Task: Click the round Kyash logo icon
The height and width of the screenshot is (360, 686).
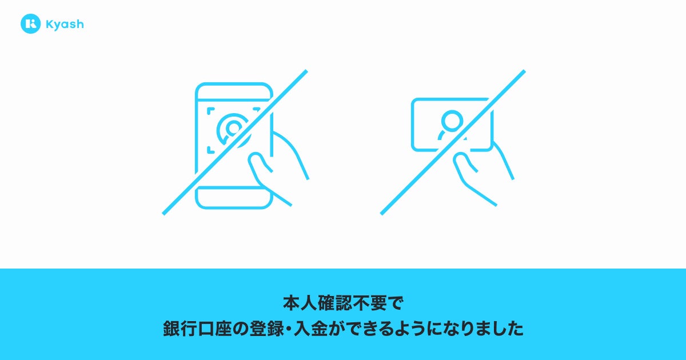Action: pos(31,23)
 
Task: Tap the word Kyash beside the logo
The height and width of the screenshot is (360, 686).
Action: pos(65,25)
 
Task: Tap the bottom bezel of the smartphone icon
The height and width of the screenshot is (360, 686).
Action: pos(234,198)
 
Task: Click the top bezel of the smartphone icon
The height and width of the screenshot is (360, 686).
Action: pos(234,91)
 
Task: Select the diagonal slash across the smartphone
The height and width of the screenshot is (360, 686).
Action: pos(235,142)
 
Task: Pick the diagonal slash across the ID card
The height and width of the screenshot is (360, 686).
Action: pos(453,142)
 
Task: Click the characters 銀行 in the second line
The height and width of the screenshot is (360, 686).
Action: pos(180,329)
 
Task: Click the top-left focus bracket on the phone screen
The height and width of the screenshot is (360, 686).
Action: pos(210,110)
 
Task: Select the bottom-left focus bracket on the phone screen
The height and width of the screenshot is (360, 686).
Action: pos(210,150)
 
